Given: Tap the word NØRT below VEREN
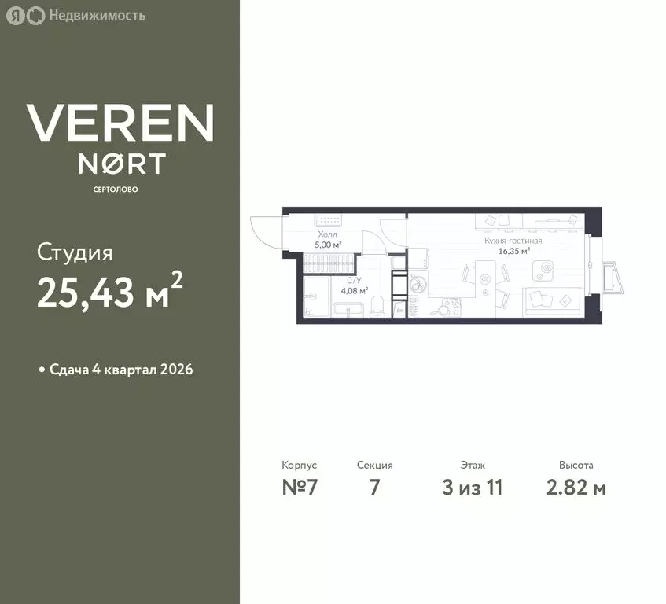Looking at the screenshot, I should click(121, 163).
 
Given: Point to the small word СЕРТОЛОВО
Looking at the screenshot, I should click(120, 190).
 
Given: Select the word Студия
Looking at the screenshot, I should click(75, 253).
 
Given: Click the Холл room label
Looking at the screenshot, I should click(328, 234).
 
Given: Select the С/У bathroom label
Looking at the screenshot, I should click(354, 280).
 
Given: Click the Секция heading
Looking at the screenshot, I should click(374, 466).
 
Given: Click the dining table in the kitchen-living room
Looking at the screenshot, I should click(485, 278).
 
